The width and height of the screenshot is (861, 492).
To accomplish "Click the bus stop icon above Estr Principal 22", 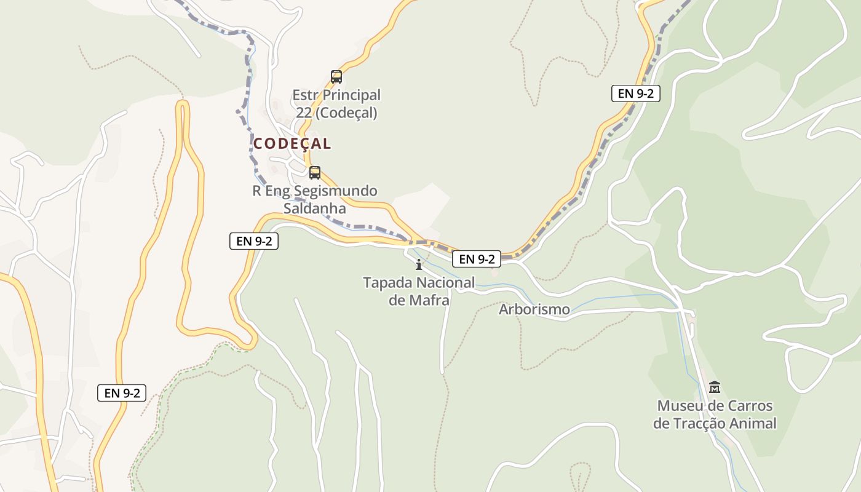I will [x=336, y=77].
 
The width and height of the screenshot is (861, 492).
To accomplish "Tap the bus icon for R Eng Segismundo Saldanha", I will [x=315, y=173].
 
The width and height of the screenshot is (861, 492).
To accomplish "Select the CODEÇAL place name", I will [x=292, y=144].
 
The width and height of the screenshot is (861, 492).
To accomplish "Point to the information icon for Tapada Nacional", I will [x=419, y=265].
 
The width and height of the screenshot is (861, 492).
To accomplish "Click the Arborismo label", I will [x=534, y=309].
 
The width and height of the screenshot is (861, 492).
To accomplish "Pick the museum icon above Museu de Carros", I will [x=715, y=387].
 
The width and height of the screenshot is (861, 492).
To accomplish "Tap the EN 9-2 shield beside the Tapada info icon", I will [x=477, y=259].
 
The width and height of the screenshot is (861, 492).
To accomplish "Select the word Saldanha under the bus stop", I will [x=315, y=208].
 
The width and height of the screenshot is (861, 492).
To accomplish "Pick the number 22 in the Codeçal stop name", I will [x=304, y=113].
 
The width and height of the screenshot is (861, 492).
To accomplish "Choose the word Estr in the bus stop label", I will [x=304, y=95].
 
